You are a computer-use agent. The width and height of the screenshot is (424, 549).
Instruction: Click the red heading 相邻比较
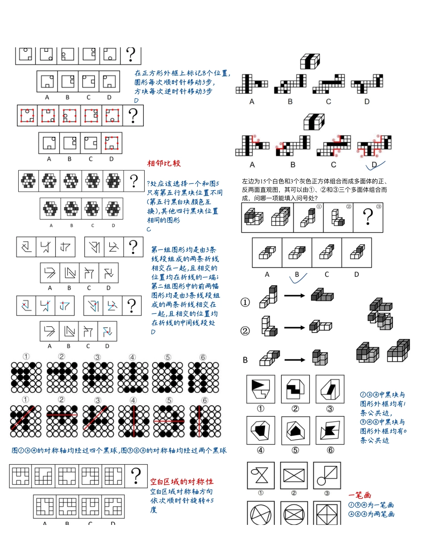tap(164, 163)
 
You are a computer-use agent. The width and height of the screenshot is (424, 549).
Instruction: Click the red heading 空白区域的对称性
tap(181, 482)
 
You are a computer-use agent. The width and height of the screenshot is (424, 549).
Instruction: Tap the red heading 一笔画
tap(360, 495)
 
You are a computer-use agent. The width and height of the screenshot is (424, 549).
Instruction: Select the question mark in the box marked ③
tap(368, 219)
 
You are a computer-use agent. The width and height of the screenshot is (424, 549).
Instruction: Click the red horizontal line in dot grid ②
tap(62, 414)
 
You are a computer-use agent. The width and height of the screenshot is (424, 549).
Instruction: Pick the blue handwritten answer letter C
tap(149, 229)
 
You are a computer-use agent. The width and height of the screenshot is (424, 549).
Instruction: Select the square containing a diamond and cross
tap(328, 513)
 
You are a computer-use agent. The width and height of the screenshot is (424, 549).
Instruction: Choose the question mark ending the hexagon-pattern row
tap(133, 181)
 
